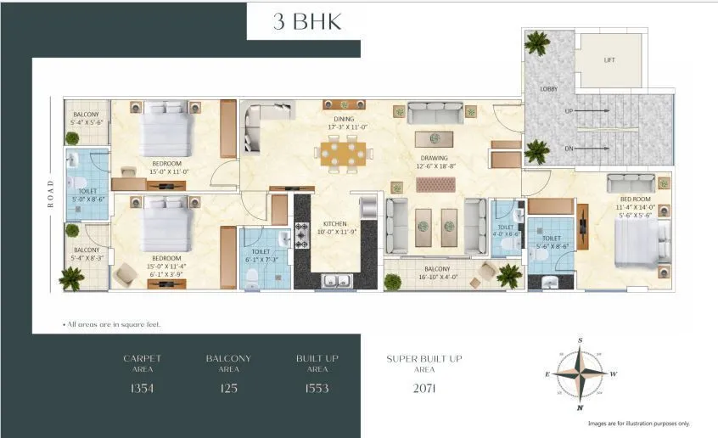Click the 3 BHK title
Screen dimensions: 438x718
(x=307, y=22)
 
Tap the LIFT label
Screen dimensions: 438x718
(x=609, y=60)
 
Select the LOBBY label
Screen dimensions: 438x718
(x=548, y=88)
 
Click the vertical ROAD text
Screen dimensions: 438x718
(x=51, y=193)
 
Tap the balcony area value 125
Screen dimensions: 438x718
(x=227, y=388)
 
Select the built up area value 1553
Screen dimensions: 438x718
(x=317, y=388)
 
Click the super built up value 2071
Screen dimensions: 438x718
(x=424, y=389)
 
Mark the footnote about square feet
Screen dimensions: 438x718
(x=112, y=325)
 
